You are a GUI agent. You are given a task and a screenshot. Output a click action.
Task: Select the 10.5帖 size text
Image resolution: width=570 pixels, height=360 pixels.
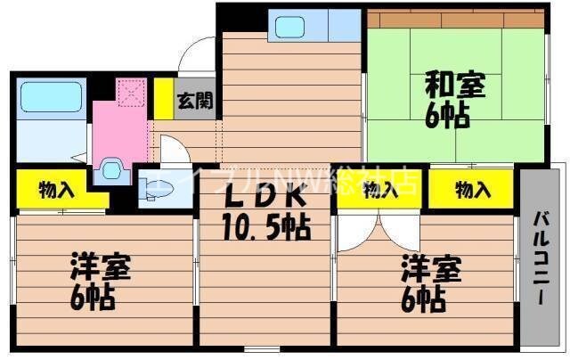pos(265,229)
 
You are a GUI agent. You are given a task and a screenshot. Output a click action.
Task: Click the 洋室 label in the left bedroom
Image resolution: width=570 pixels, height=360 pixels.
pos(101,267)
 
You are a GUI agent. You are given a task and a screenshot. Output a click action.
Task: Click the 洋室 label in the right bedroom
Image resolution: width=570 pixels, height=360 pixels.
pos(429,267)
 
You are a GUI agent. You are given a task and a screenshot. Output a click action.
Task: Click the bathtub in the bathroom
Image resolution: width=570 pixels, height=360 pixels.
pos(51,95)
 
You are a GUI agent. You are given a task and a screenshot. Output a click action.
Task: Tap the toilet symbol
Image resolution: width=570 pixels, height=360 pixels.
pos(151,188)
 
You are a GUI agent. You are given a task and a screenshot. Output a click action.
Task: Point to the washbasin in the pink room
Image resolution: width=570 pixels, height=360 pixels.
pos(112,166)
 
